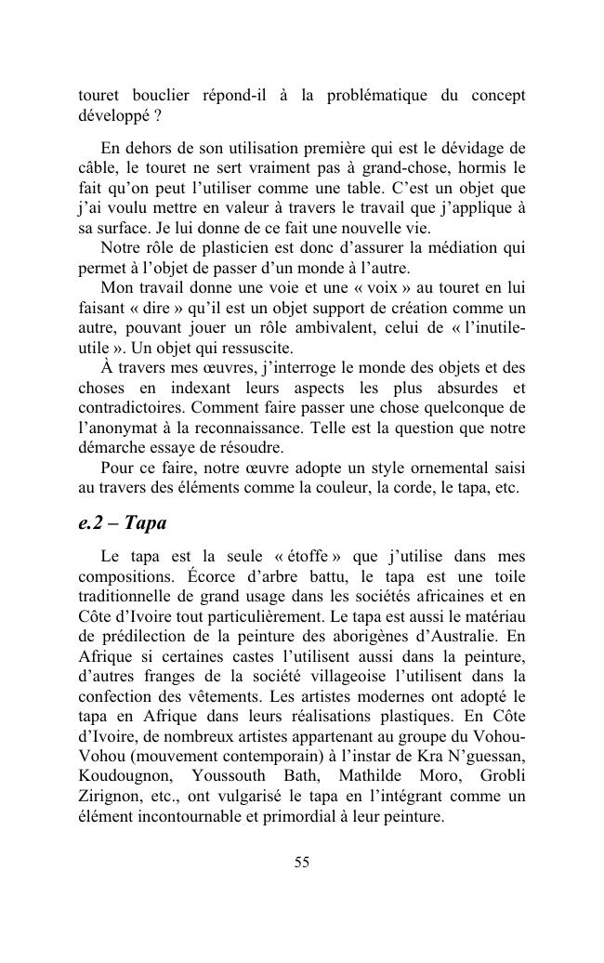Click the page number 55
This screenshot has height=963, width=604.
pos(301,862)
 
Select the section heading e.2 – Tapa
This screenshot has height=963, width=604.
pos(122,522)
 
